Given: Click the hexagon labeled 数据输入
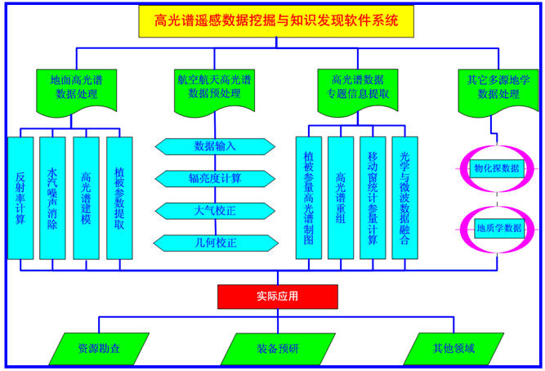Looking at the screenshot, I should [215, 146].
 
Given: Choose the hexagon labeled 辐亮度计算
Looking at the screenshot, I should [215, 178].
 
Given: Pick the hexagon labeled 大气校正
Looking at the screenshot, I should [215, 211].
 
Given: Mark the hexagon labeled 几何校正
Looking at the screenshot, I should [215, 243].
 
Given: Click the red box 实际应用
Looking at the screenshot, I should [277, 296].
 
